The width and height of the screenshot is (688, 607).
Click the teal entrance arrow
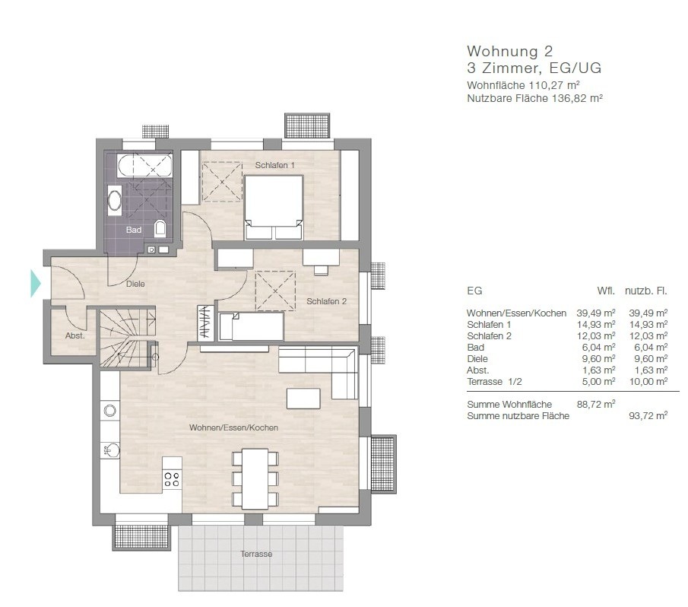[x=35, y=284]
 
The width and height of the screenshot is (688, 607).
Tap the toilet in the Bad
[x=160, y=229]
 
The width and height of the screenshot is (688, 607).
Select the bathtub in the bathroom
[x=144, y=166]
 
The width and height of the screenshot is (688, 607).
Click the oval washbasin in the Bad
[x=115, y=201]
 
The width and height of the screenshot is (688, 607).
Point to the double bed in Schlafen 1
[x=274, y=207]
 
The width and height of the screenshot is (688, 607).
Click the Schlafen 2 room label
[x=326, y=301]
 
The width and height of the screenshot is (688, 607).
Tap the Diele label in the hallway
[x=135, y=284]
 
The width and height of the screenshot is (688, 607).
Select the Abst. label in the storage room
[x=75, y=335]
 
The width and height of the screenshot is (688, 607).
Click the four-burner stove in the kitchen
[x=172, y=479]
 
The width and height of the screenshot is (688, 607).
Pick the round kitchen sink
[x=110, y=411]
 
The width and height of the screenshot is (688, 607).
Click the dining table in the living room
[x=255, y=478]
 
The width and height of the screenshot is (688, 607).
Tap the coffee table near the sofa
[x=303, y=398]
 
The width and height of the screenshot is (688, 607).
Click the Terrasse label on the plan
[x=256, y=554]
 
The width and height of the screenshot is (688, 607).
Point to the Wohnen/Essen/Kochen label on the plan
[x=233, y=427]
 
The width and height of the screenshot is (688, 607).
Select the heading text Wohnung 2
[x=510, y=52]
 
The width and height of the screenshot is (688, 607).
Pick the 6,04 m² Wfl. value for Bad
[x=598, y=347]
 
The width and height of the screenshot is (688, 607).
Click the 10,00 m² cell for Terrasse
[x=648, y=381]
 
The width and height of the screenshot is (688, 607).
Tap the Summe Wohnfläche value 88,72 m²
[x=596, y=404]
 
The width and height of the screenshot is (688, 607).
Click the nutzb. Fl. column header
[x=646, y=291]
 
